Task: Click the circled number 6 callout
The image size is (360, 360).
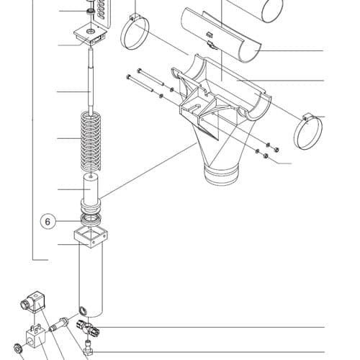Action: (48, 221)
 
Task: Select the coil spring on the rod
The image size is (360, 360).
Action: (91, 141)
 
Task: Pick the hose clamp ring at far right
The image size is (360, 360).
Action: (308, 131)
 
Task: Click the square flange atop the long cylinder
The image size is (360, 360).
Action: (91, 238)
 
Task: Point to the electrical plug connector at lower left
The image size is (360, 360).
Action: (32, 302)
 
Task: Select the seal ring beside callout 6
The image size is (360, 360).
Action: (91, 220)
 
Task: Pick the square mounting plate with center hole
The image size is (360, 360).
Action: (90, 35)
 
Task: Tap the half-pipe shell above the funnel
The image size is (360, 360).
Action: (221, 35)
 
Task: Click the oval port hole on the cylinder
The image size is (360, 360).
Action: (82, 310)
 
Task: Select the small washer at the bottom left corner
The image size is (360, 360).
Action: (17, 348)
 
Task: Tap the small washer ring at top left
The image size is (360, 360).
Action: (91, 11)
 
